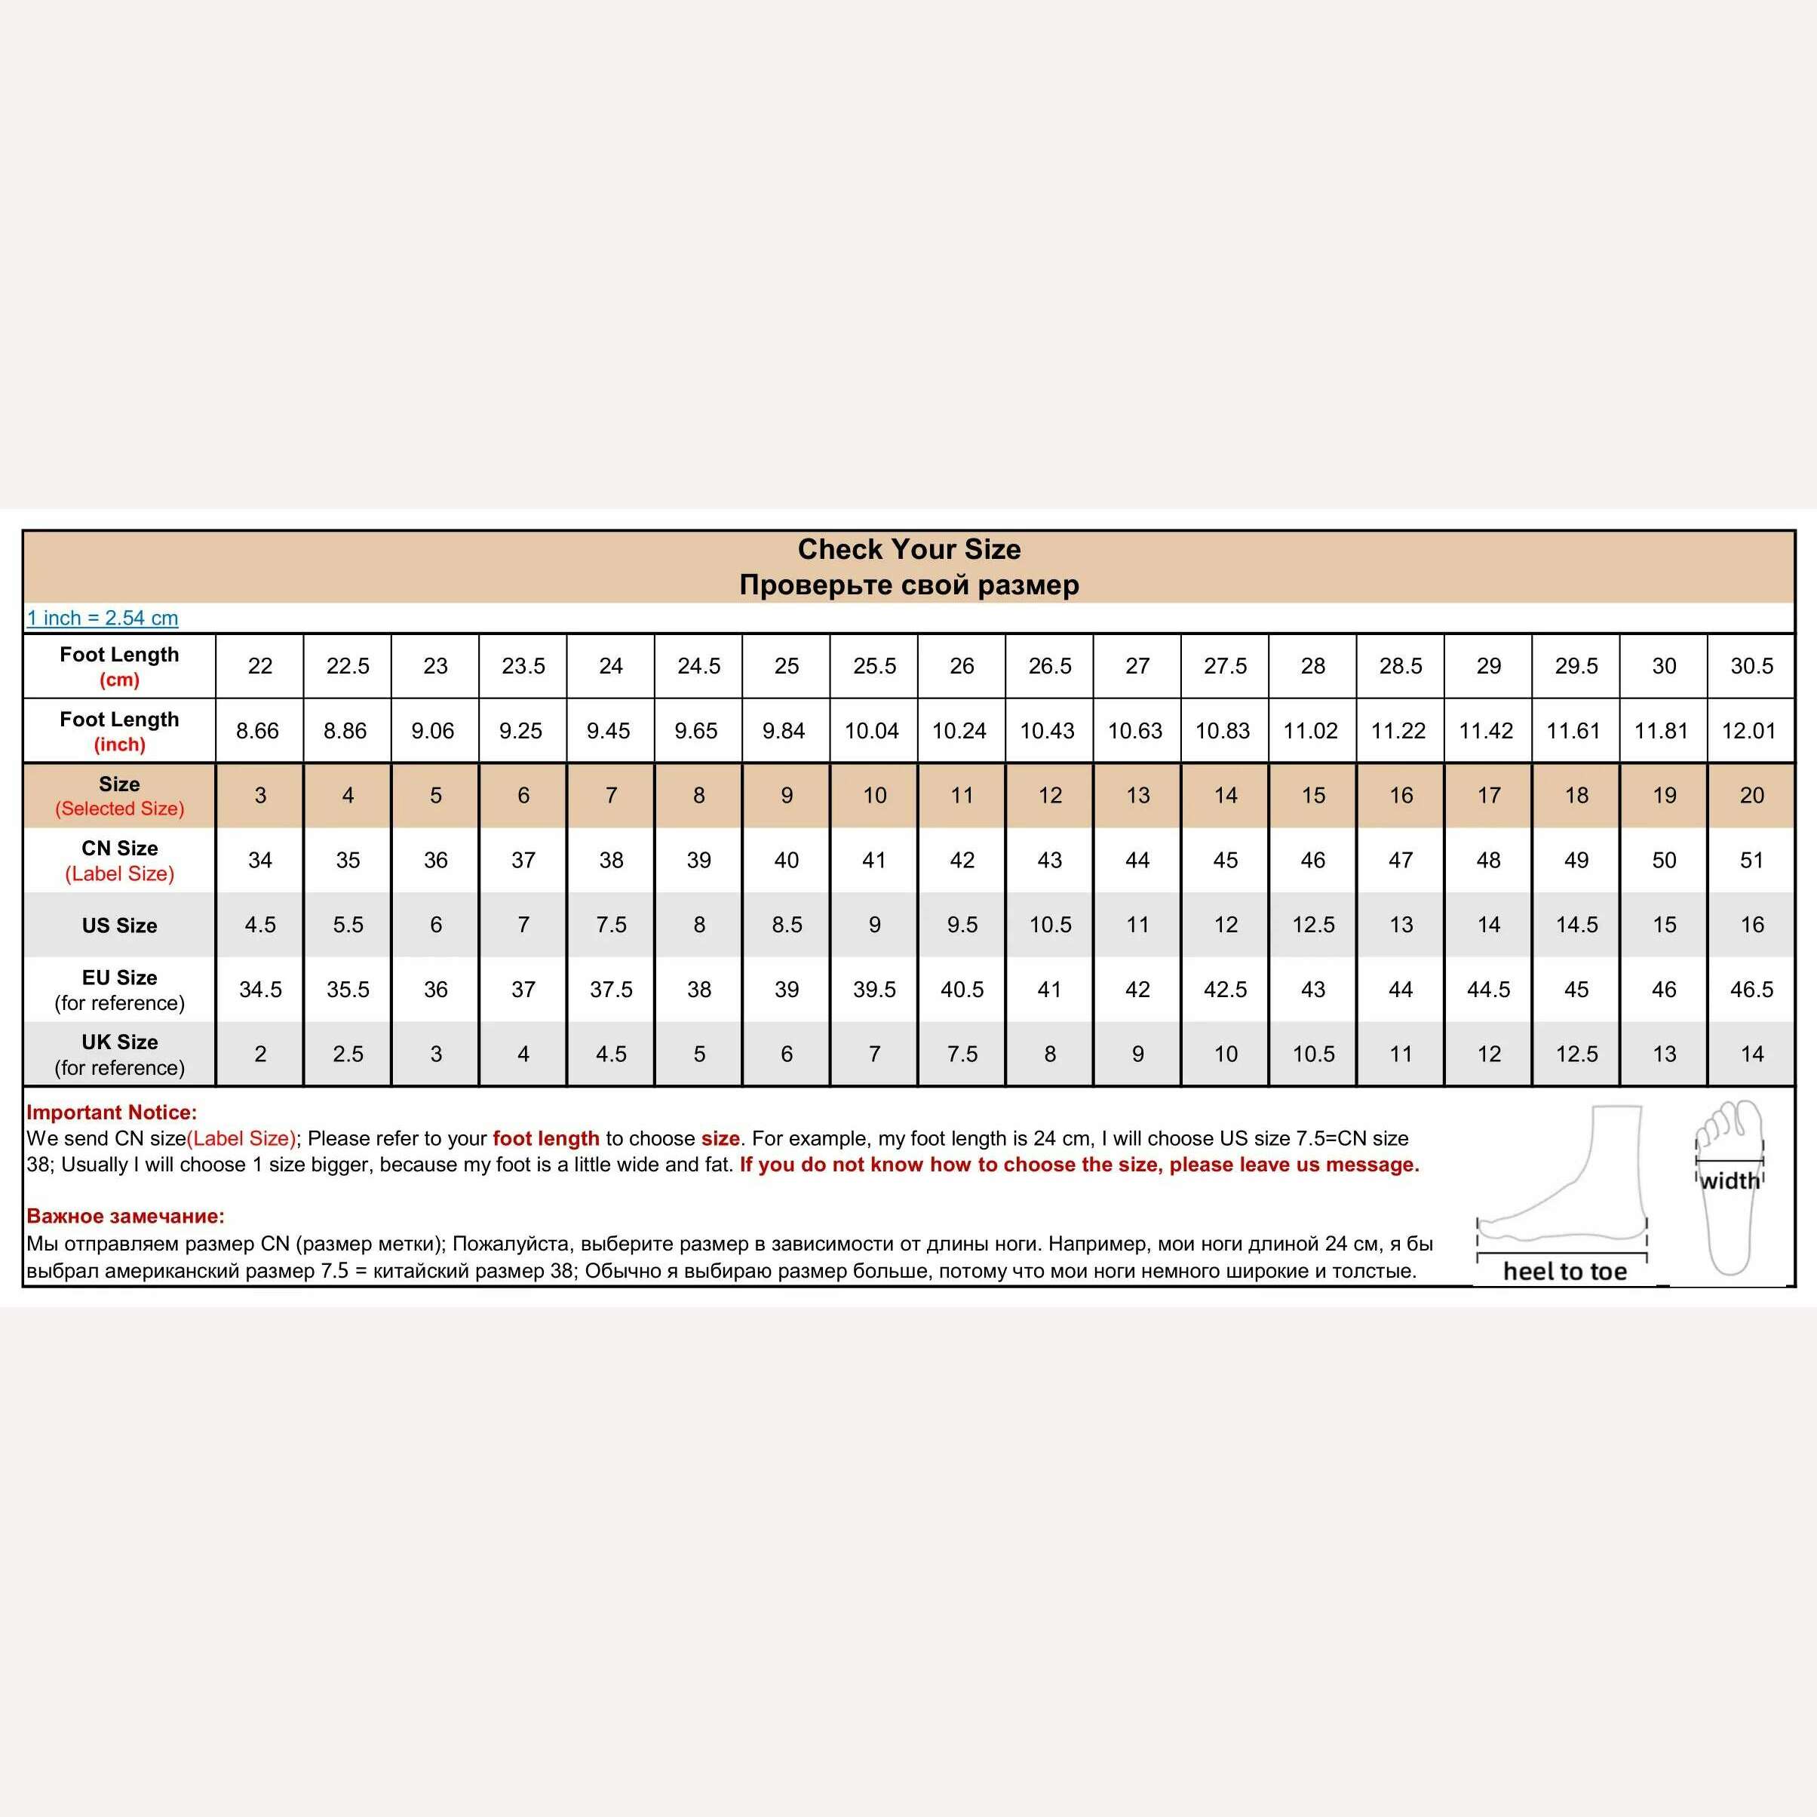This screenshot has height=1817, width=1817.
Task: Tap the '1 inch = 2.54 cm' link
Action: coord(103,618)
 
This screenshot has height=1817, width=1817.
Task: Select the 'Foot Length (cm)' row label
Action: coord(119,666)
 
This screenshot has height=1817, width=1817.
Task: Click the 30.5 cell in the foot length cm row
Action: coord(1751,666)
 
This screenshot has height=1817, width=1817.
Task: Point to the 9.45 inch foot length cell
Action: coord(609,731)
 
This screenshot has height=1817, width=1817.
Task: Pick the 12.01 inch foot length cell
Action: coord(1748,731)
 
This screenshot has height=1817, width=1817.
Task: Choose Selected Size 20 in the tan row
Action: coord(1751,796)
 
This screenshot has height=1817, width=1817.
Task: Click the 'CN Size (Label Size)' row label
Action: coord(119,861)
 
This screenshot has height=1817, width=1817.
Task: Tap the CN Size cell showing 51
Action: coord(1751,861)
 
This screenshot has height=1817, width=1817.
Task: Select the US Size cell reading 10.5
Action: coord(1050,925)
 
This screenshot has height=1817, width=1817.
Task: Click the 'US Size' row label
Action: coord(119,925)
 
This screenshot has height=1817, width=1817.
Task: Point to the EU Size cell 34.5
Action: coord(260,990)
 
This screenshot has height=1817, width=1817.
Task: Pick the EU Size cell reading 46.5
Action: coord(1751,990)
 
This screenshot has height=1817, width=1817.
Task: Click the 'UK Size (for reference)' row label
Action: coord(119,1054)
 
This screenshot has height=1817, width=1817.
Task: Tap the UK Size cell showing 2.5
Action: coord(348,1054)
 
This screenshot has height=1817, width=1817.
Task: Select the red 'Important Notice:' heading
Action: coord(112,1113)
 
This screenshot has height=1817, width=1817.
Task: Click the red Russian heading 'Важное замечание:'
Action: coord(125,1216)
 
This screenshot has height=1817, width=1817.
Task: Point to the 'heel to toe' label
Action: coord(1564,1272)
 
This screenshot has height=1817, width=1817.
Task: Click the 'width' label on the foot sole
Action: coord(1729,1180)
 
